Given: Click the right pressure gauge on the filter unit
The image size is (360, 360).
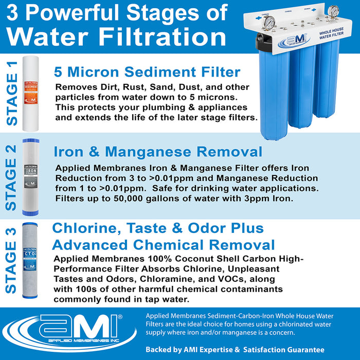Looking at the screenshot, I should (335, 11).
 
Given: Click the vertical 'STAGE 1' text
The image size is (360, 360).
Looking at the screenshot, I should (11, 93).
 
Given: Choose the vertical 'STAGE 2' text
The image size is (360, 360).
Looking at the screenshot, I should (11, 177).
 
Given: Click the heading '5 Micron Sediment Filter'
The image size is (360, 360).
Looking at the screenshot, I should (147, 72).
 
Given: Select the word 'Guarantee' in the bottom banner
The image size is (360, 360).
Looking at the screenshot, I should (301, 349).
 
